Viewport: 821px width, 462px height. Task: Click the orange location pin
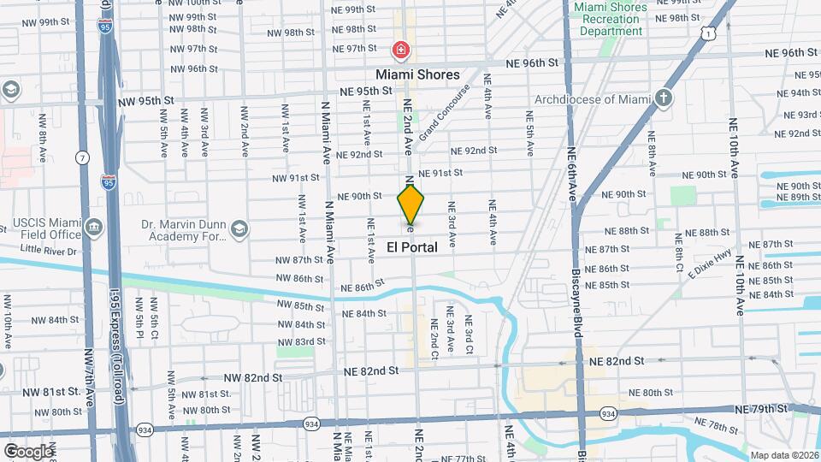(410, 204)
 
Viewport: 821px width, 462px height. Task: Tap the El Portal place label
(411, 247)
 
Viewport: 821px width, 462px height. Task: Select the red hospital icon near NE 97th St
(399, 50)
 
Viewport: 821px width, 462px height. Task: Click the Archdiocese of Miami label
(594, 99)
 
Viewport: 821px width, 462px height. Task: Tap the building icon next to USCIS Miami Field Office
(93, 228)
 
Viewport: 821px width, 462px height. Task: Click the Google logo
(28, 451)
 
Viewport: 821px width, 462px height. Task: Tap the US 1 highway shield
(707, 33)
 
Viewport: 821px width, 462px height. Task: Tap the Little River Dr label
(49, 250)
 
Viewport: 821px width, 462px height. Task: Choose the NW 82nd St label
(253, 377)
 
